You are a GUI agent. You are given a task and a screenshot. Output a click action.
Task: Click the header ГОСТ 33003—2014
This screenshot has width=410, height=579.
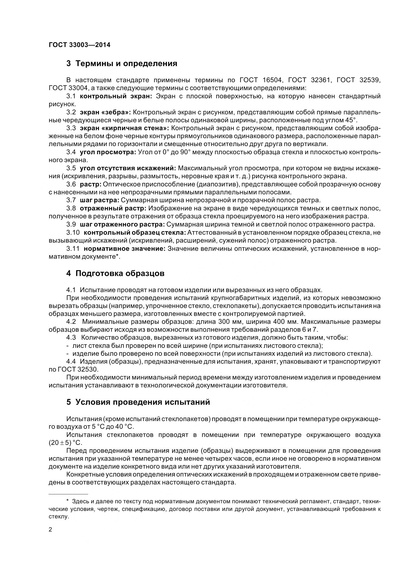click(79, 45)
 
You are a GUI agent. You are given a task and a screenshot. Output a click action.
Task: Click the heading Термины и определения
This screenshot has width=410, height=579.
click(122, 64)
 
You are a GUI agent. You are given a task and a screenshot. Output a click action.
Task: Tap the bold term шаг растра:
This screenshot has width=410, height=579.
click(99, 200)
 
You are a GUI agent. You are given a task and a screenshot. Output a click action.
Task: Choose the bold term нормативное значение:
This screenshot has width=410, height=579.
click(125, 249)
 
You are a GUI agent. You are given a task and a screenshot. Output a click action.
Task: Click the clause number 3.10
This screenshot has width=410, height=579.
click(73, 232)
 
